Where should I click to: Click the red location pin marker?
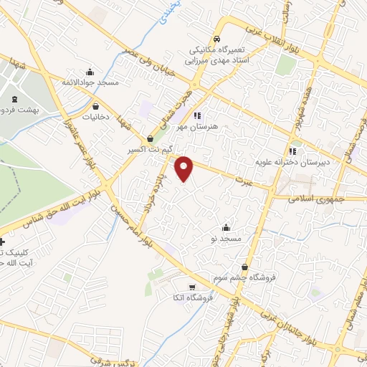pyautogui.click(x=184, y=168)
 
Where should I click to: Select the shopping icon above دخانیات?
pyautogui.click(x=95, y=106)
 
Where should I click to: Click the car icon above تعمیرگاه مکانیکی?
pyautogui.click(x=216, y=39)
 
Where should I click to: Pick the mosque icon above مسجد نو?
pyautogui.click(x=227, y=227)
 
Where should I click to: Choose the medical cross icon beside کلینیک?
pyautogui.click(x=3, y=243)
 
